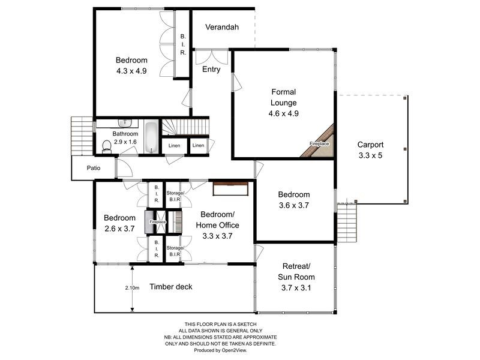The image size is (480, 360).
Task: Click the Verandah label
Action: click(222, 28)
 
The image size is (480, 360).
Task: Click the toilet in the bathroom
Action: click(107, 146)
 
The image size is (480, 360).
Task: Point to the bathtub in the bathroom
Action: click(151, 137)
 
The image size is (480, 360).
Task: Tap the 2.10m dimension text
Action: click(132, 288)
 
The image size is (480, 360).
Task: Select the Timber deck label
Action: click(171, 287)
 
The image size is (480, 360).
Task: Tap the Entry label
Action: click(211, 70)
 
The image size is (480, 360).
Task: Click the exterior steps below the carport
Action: click(347, 221)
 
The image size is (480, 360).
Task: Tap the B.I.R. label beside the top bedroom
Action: click(183, 44)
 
